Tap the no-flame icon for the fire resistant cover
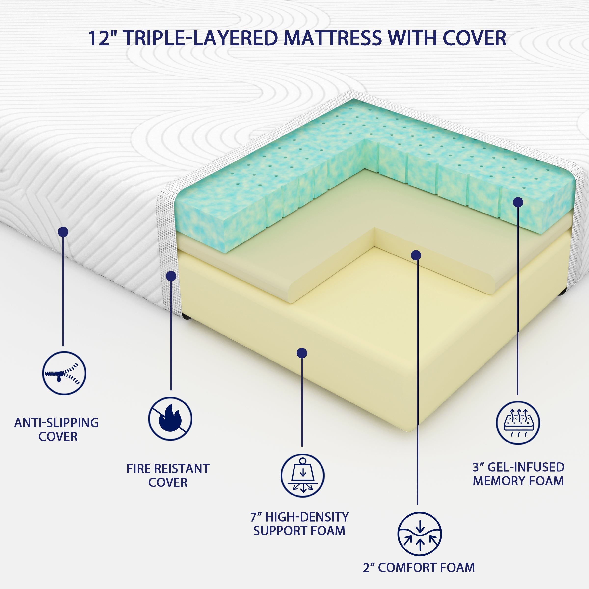click(x=170, y=419)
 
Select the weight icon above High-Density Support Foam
click(x=302, y=476)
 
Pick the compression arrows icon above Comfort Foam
click(x=419, y=534)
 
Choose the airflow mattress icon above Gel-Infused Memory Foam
click(x=518, y=423)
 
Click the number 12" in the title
click(x=103, y=39)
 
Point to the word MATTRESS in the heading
click(x=333, y=39)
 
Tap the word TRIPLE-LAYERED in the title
click(x=201, y=39)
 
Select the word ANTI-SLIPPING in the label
click(x=56, y=423)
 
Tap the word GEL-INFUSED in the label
click(x=526, y=467)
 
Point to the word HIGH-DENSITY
click(x=307, y=517)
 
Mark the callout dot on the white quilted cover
click(x=63, y=232)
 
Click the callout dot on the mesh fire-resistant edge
click(x=171, y=276)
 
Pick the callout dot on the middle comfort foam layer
click(x=416, y=255)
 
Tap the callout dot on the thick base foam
click(x=302, y=353)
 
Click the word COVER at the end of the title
click(x=475, y=39)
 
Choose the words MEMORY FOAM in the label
click(x=518, y=481)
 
